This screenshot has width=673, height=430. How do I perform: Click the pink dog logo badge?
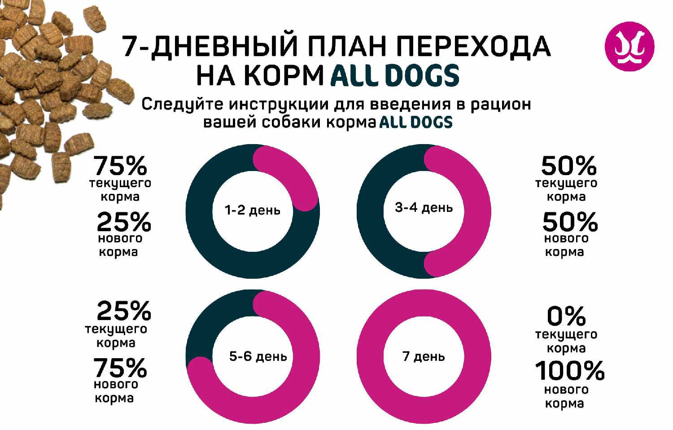coord(629,46)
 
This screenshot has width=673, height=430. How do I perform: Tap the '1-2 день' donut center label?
coord(252,210)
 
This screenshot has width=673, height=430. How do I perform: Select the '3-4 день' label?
coord(424,208)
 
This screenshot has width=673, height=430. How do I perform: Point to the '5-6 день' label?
coord(258,356)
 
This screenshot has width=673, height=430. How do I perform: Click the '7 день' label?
coord(424,356)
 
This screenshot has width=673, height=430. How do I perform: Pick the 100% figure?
coord(570,371)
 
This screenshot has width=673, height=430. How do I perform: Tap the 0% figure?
coord(566,316)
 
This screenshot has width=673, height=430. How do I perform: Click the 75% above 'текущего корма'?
coord(120,166)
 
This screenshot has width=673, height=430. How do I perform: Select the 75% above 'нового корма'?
coord(120,368)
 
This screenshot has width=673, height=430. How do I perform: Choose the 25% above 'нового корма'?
coord(124,222)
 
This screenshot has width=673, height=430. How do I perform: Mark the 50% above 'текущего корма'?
coord(568,166)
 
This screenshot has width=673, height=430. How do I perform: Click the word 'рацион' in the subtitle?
coord(500,104)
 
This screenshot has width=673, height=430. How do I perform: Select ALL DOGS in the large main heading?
coord(395,75)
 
